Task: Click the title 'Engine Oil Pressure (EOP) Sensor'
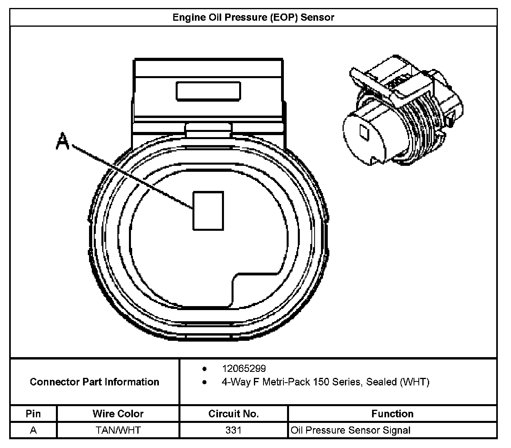pos(253,18)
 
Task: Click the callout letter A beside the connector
pos(63,141)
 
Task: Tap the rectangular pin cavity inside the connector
pos(208,210)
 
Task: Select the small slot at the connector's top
pos(208,91)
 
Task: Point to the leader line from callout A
pos(132,177)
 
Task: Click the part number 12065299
pos(244,368)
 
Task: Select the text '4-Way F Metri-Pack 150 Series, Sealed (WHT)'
pos(325,382)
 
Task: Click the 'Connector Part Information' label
pos(94,382)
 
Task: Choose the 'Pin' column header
pos(33,414)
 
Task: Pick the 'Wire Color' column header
pos(118,414)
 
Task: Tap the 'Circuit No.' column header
pos(234,414)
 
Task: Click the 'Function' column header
pos(392,414)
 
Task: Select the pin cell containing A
pos(33,430)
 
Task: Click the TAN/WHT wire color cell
pos(118,430)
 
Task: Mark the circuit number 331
pos(234,430)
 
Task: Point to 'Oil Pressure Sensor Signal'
pos(351,430)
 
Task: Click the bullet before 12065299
pos(205,368)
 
